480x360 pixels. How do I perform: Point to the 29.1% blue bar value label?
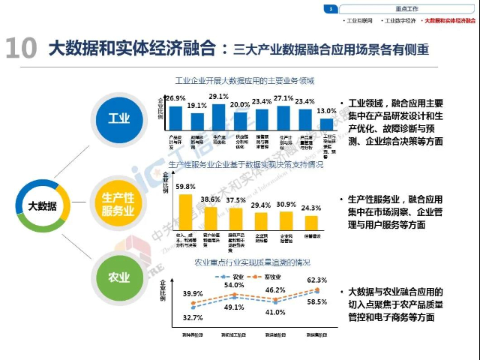coord(219,97)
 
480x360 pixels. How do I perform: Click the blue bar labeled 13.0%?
coord(327,123)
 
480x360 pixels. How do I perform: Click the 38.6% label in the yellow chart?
coord(210,199)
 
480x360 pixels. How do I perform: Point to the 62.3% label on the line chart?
coord(316,280)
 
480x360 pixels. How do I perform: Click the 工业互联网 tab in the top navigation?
coord(359,21)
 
